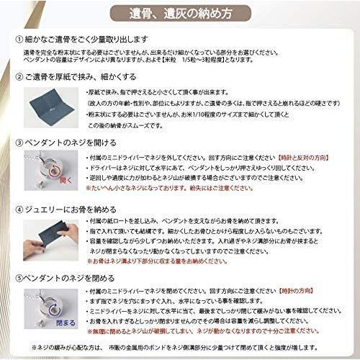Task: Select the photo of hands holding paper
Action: tap(50, 238)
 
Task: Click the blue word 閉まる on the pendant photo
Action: tap(66, 323)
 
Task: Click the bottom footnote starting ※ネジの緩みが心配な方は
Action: tap(180, 348)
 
